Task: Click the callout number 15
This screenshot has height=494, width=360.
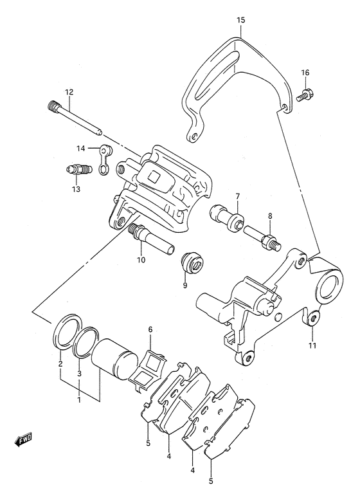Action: [x=240, y=21]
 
